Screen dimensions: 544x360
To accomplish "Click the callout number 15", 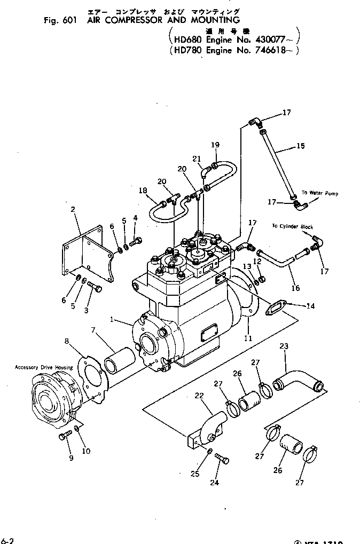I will pos(300,146).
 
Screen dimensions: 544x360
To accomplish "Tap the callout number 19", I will pos(215,145).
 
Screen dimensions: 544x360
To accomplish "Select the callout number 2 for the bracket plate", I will pos(73,210).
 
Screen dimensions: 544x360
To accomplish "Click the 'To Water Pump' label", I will pos(319,193).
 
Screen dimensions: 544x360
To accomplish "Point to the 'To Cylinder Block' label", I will pos(292,227).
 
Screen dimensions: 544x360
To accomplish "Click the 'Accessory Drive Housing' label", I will pos(44,367).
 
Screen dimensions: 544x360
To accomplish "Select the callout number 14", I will pos(310,306).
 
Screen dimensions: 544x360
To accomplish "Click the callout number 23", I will pos(283,346).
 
